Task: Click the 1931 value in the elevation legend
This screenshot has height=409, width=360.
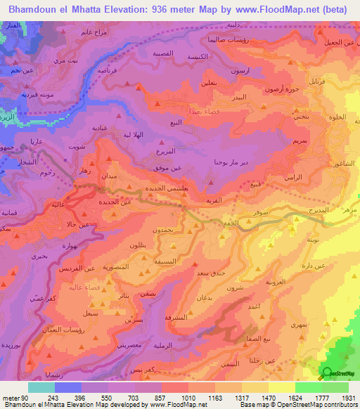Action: click(x=346, y=398)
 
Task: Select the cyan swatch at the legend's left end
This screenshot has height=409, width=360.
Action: click(x=41, y=387)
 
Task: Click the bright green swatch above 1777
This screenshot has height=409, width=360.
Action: click(x=308, y=387)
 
